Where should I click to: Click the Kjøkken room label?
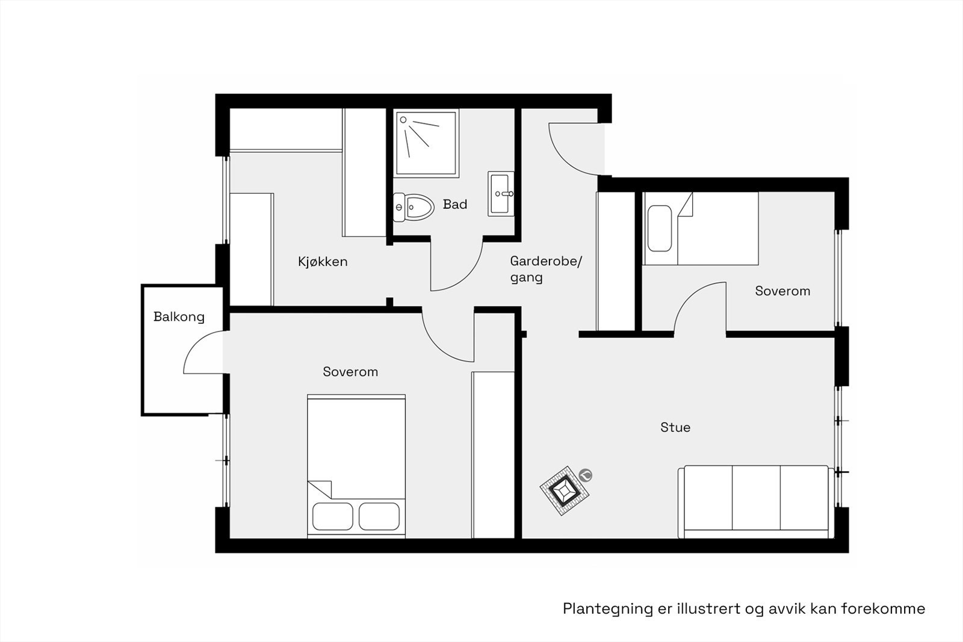click(323, 262)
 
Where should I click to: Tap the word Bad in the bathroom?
click(455, 205)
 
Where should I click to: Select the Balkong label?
click(179, 317)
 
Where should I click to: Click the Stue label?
click(675, 428)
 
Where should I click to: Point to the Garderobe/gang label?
click(545, 269)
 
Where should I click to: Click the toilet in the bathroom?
click(414, 207)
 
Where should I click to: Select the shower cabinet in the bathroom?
click(426, 143)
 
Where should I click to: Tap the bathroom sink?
click(501, 194)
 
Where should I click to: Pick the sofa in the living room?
click(755, 502)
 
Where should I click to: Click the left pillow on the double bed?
click(333, 516)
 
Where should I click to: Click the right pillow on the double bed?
click(379, 516)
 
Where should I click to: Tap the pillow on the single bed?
click(660, 229)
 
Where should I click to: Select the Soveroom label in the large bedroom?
click(350, 372)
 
